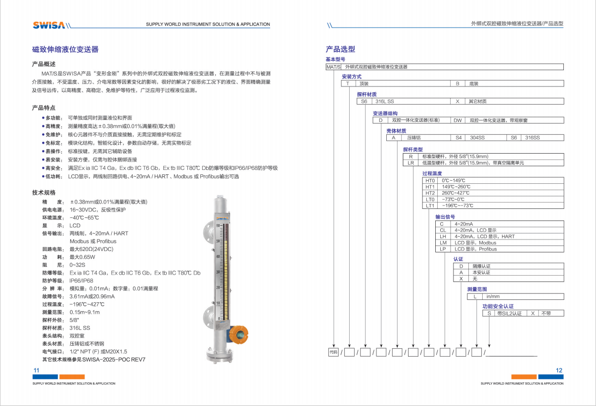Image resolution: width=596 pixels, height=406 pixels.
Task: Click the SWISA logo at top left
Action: pos(49,25)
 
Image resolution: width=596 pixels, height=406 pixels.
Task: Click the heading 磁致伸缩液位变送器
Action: pos(65,49)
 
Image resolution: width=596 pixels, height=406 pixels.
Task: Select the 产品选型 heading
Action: pos(340,49)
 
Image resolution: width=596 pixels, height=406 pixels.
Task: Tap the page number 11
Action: pos(36,370)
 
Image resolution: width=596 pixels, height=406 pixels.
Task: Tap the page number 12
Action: pos(559,370)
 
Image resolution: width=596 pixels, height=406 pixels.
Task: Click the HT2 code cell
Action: pos(430,193)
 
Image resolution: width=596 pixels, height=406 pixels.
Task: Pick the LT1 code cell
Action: pos(430,205)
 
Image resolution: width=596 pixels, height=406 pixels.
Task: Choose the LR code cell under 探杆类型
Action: pos(411,162)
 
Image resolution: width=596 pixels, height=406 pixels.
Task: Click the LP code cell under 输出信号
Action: pos(443,249)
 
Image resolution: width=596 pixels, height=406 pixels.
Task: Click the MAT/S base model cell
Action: pos(333,66)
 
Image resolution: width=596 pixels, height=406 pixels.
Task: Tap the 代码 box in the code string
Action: pos(333,353)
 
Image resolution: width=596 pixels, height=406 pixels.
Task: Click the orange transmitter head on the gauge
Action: pos(239,334)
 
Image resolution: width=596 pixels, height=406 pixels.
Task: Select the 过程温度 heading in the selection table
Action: pos(432,174)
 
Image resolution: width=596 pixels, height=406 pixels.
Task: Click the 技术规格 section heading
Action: pos(44,192)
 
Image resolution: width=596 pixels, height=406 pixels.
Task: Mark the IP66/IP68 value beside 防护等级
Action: pos(82,281)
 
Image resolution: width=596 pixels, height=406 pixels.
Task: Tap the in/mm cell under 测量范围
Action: pos(493,296)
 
